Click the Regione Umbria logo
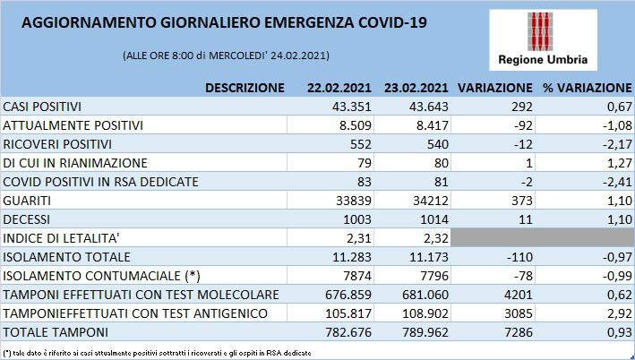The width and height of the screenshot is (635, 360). point(543,39)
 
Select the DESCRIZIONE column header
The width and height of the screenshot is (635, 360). point(245,88)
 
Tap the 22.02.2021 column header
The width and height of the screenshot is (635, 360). point(339,88)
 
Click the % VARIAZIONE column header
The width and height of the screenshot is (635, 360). point(588,88)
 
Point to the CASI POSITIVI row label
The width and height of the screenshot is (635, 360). point(42,107)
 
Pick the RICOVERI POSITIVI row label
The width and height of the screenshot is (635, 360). point(57,144)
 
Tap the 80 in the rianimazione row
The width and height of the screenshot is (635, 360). point(441,163)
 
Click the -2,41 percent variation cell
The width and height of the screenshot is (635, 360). point(617,182)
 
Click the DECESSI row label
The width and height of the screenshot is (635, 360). point(26,219)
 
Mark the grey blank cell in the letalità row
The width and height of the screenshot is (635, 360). point(542,237)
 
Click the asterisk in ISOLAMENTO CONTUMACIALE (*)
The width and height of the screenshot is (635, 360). point(193,275)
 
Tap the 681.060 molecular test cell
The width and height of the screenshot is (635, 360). point(425,295)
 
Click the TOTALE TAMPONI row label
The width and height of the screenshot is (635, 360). point(56,332)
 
